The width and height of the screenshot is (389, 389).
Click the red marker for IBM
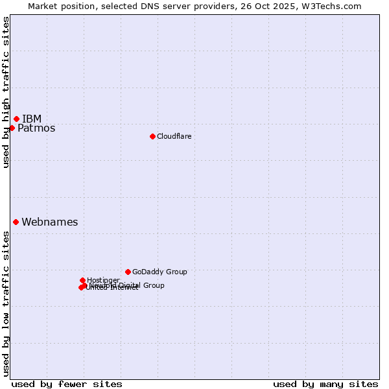[16, 119]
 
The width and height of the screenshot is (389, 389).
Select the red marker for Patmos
[12, 128]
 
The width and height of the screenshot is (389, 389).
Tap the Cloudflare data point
[152, 136]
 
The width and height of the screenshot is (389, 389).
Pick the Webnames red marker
[16, 222]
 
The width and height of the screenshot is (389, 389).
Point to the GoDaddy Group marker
[128, 272]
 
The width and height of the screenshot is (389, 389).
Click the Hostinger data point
[82, 280]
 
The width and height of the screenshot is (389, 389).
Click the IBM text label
[32, 119]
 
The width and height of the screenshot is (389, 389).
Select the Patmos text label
[36, 128]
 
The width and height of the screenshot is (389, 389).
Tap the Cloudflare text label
[174, 136]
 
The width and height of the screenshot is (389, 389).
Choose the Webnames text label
[50, 222]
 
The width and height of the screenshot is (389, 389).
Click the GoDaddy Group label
[159, 272]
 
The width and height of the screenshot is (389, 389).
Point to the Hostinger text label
[103, 280]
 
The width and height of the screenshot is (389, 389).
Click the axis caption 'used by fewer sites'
[67, 384]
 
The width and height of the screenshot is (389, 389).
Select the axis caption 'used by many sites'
[325, 384]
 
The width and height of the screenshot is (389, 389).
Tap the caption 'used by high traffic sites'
[6, 93]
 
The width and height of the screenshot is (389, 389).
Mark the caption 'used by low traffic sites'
[6, 303]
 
